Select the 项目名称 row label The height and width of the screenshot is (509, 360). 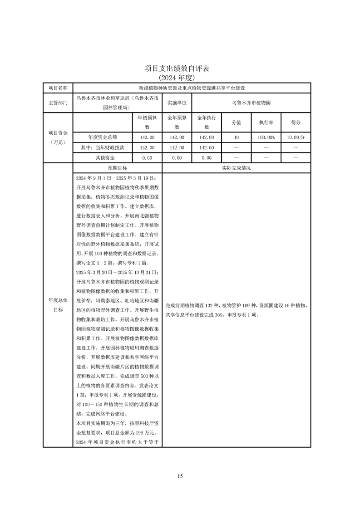pyautogui.click(x=58, y=88)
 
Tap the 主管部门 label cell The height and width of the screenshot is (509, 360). pyautogui.click(x=58, y=103)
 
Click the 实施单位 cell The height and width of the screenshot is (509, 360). pyautogui.click(x=177, y=103)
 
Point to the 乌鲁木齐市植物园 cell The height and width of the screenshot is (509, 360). pyautogui.click(x=251, y=103)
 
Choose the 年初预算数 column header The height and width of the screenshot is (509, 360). pyautogui.click(x=147, y=122)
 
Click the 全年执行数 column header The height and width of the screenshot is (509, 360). pyautogui.click(x=207, y=122)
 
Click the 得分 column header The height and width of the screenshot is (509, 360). pyautogui.click(x=296, y=122)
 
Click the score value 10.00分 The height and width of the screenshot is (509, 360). pyautogui.click(x=296, y=137)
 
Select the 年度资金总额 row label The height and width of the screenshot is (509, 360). pyautogui.click(x=103, y=137)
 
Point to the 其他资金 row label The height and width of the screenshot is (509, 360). pyautogui.click(x=103, y=158)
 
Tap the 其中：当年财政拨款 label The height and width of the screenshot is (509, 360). pyautogui.click(x=103, y=147)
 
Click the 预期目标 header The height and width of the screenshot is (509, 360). pyautogui.click(x=117, y=168)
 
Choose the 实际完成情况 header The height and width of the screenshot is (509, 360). pyautogui.click(x=236, y=168)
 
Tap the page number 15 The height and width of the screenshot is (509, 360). pyautogui.click(x=180, y=476)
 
